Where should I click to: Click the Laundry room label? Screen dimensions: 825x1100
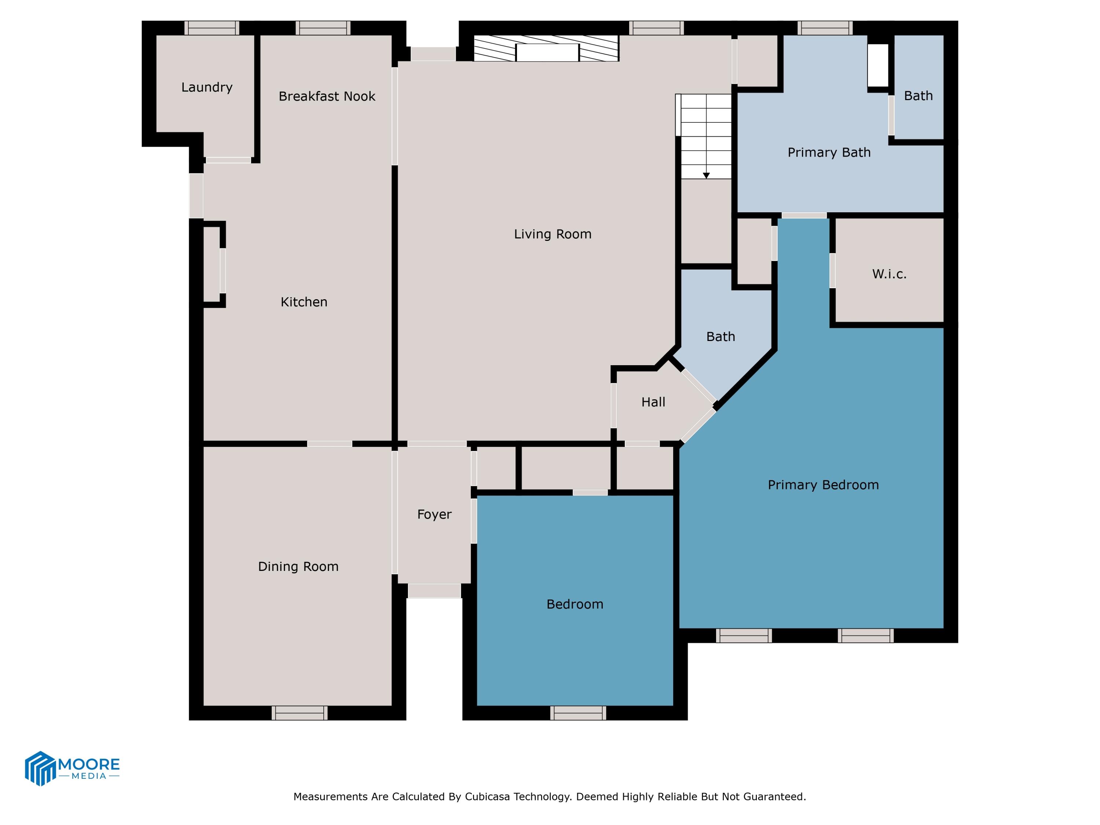[x=206, y=88]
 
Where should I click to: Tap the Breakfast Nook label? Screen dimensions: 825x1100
[x=327, y=96]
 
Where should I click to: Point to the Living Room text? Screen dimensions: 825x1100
[x=553, y=234]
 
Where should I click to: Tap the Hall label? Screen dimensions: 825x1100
[x=653, y=402]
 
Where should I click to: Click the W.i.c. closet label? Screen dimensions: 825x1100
[x=889, y=274]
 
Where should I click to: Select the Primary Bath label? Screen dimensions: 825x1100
[x=829, y=152]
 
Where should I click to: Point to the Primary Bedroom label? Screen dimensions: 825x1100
[x=823, y=485]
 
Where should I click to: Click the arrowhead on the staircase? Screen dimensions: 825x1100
[x=706, y=176]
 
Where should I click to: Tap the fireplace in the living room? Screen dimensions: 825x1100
[x=547, y=50]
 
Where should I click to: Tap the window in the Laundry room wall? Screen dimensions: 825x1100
[x=212, y=28]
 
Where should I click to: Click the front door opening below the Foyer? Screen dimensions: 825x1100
[x=434, y=590]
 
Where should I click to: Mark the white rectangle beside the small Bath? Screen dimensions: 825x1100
[x=878, y=65]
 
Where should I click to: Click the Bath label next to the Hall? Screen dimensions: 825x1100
[x=720, y=337]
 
